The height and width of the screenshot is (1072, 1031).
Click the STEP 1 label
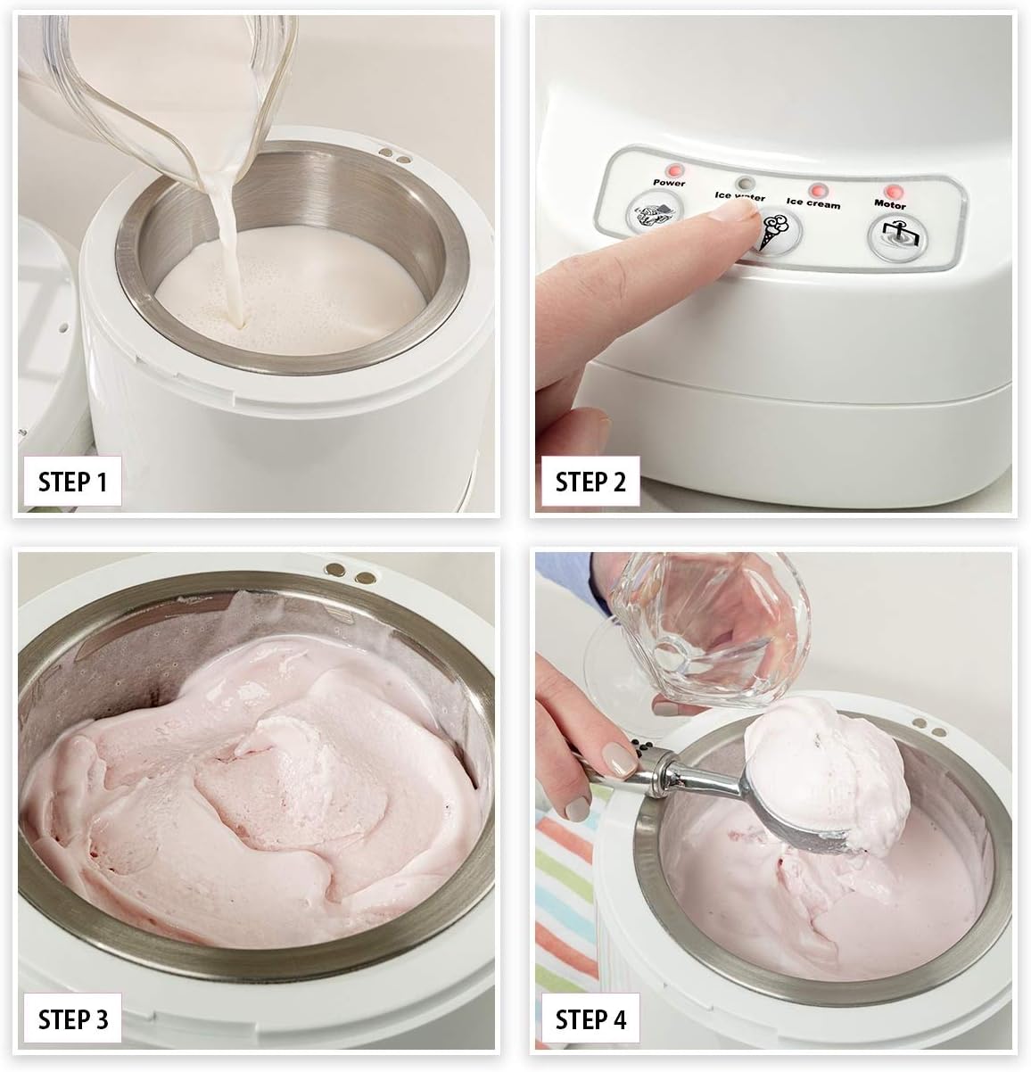(72, 482)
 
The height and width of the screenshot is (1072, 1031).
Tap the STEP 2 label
(590, 482)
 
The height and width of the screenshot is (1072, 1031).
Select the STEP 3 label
(72, 1019)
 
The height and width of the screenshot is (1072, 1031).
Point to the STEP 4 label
(590, 1019)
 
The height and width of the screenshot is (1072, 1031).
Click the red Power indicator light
(674, 169)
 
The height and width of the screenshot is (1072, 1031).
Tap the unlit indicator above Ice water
(745, 183)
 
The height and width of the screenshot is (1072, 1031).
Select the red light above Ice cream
(818, 190)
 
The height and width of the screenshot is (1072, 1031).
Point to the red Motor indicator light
(895, 193)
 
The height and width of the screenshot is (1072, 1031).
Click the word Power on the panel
(669, 182)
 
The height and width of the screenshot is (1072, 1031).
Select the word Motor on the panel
(890, 205)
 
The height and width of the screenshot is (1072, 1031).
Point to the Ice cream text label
(813, 203)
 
